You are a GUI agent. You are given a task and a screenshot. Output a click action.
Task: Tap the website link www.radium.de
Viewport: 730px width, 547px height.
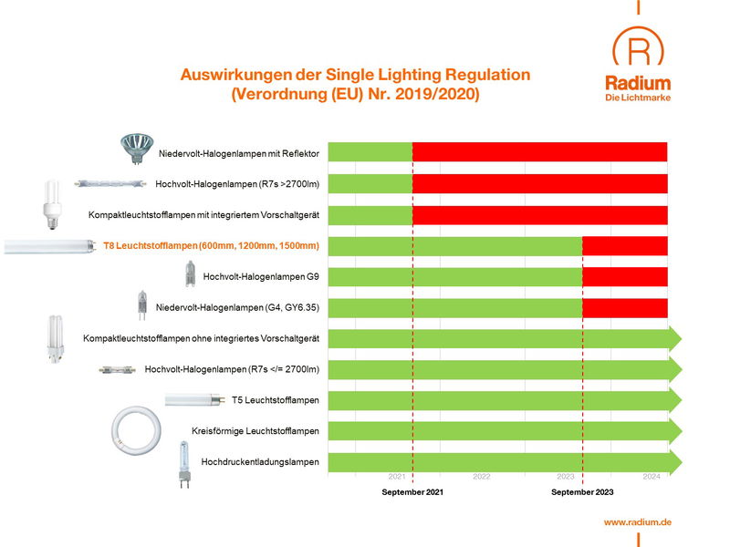tap(638, 521)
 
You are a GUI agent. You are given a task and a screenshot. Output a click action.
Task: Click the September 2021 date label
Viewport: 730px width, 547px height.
tap(412, 492)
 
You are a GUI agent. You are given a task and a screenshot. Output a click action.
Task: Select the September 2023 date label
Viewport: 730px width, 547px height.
tap(582, 492)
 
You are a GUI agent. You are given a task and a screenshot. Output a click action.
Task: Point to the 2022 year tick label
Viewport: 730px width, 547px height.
tap(481, 477)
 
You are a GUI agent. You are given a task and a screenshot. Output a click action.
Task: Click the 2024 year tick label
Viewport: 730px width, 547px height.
tap(652, 477)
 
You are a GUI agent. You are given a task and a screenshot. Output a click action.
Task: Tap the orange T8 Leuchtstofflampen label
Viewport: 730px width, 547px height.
tap(211, 246)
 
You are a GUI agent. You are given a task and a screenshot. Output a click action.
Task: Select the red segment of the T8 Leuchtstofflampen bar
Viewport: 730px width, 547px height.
tap(625, 246)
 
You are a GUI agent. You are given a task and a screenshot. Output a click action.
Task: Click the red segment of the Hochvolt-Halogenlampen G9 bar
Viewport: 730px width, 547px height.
tap(625, 277)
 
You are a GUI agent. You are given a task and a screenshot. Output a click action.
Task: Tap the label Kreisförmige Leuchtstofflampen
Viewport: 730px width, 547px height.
tap(255, 431)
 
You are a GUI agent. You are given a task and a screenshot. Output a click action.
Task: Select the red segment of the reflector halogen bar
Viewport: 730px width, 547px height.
tap(539, 152)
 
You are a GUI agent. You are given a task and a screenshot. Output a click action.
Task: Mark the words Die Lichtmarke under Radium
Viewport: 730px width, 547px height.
tap(638, 98)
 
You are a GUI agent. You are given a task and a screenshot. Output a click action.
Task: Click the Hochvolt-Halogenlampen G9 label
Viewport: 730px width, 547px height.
tap(261, 277)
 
